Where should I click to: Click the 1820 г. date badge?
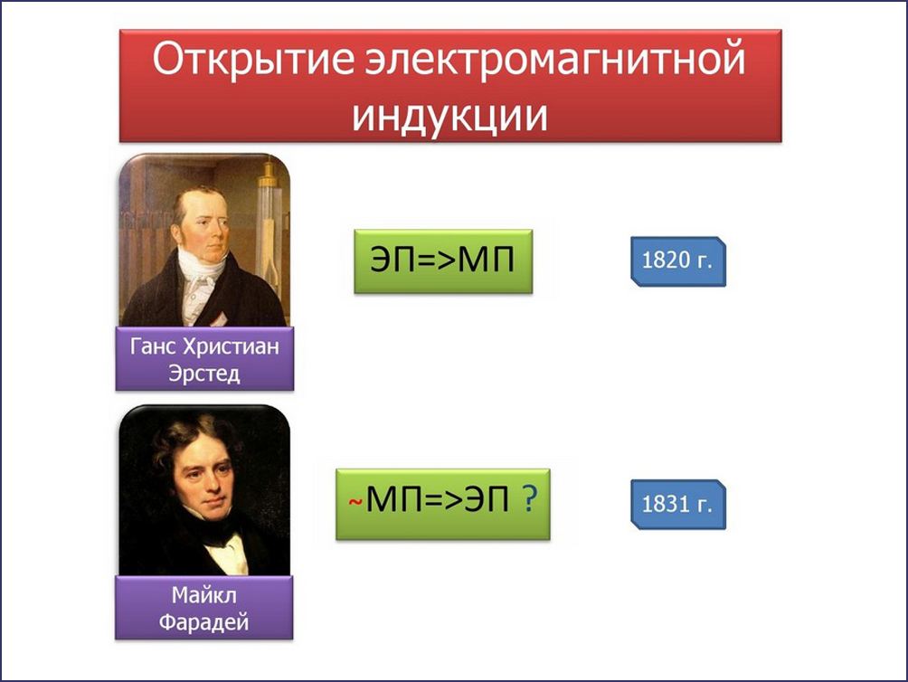[x=677, y=261]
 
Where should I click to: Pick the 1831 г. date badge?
[x=677, y=504]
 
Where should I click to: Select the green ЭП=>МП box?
[x=443, y=261]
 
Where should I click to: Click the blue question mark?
[x=530, y=498]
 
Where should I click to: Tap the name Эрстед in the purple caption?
[x=203, y=374]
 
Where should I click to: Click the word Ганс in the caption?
[x=153, y=346]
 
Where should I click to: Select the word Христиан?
[x=231, y=346]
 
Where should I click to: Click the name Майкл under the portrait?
[x=203, y=595]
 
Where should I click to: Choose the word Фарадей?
[x=203, y=622]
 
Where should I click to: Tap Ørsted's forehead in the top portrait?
[x=200, y=204]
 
